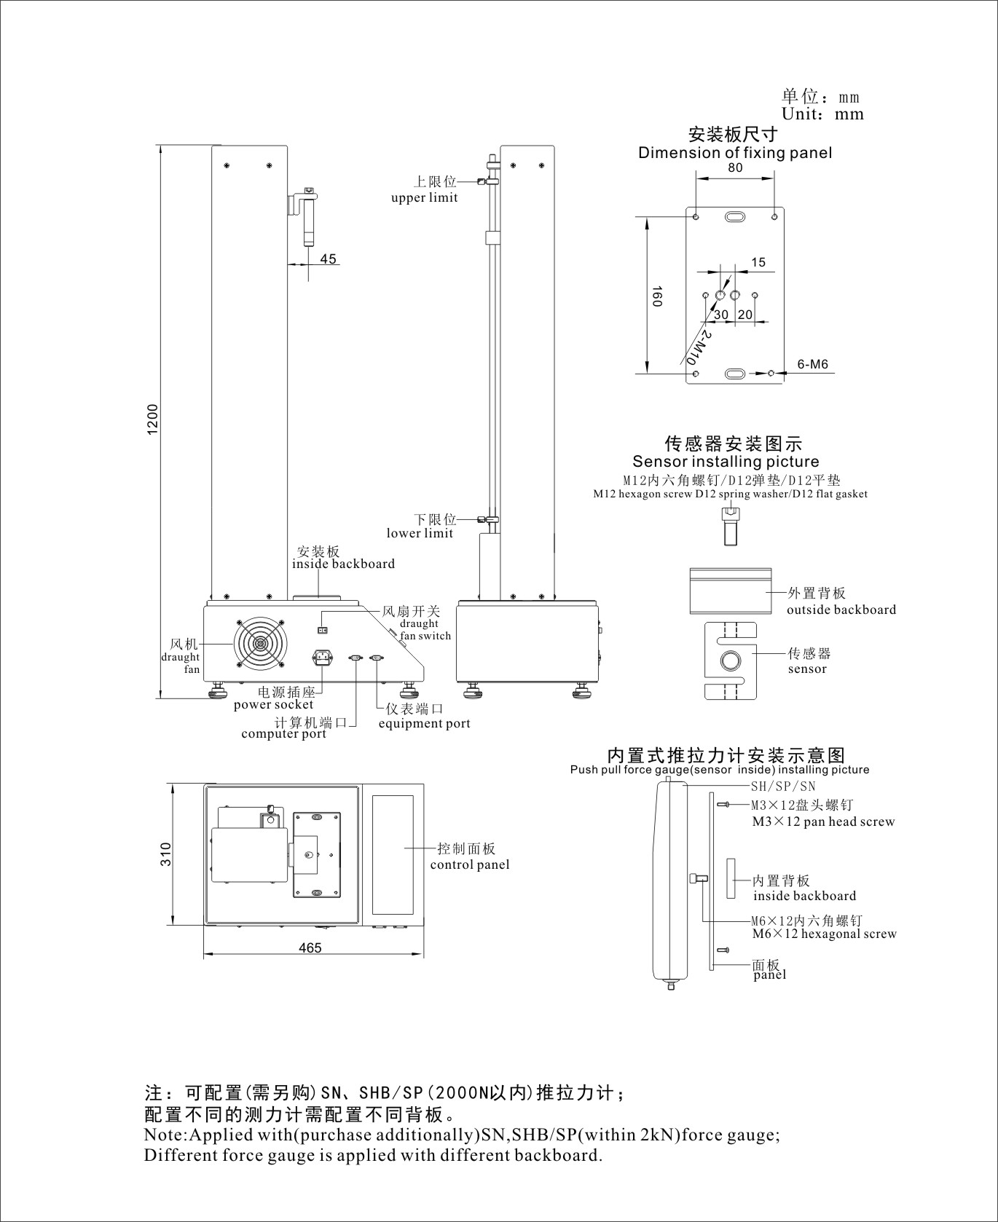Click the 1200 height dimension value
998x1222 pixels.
(153, 419)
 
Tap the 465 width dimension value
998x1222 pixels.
(310, 947)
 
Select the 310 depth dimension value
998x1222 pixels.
(166, 854)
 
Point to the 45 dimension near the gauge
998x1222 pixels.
(329, 259)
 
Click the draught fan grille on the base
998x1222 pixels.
(260, 645)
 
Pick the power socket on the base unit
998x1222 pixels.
(323, 658)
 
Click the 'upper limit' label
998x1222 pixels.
(425, 197)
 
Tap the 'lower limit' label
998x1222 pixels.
(420, 533)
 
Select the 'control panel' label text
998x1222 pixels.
(470, 864)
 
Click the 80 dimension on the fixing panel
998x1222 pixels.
(735, 167)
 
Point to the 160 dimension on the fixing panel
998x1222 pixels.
(656, 295)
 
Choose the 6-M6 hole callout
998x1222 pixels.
(812, 364)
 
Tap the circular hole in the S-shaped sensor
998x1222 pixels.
(731, 661)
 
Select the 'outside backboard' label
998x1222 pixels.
(841, 610)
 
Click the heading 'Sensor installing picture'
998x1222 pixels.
(726, 462)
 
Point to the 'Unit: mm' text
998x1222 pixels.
(822, 114)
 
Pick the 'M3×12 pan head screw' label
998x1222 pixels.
(823, 821)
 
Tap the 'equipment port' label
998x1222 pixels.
(424, 723)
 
